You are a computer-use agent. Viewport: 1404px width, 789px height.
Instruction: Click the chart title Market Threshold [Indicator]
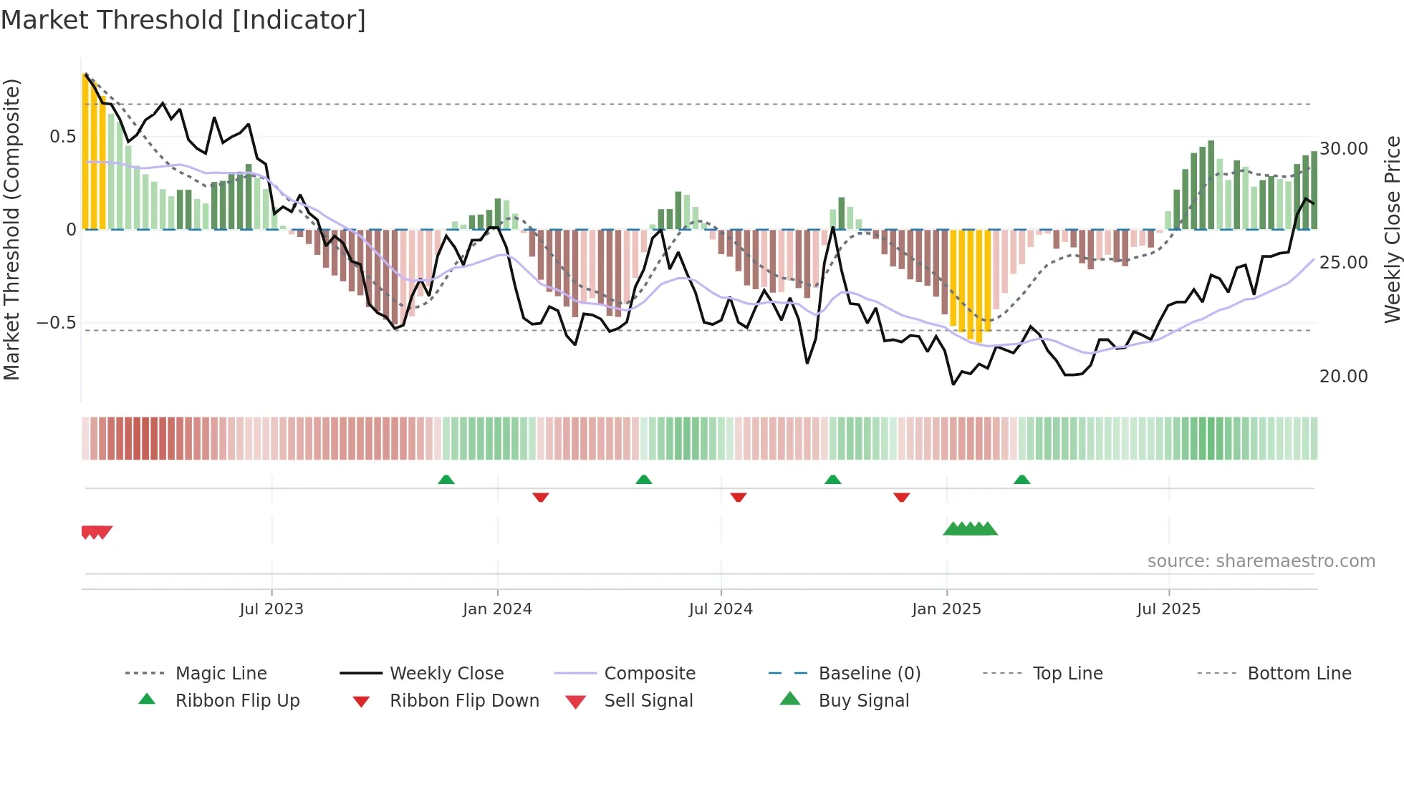tap(183, 20)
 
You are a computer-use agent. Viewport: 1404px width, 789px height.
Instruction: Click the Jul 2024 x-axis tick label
tap(721, 609)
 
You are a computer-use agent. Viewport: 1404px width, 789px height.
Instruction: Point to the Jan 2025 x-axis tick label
tap(946, 609)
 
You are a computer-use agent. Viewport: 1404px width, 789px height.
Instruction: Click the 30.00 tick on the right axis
tap(1344, 149)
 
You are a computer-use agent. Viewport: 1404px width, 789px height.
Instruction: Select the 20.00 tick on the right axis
tap(1344, 377)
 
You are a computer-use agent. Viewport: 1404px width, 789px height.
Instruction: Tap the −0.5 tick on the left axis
tap(56, 323)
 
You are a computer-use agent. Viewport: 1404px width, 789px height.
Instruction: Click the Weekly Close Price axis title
tap(1392, 229)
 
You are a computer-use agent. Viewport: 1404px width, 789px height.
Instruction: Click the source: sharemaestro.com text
tap(1261, 561)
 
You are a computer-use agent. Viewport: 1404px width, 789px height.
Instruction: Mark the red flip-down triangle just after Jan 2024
tap(541, 497)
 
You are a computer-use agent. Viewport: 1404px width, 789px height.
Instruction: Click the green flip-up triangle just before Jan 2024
tap(446, 480)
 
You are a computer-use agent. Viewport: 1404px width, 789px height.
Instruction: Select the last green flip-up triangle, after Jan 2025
tap(1021, 480)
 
